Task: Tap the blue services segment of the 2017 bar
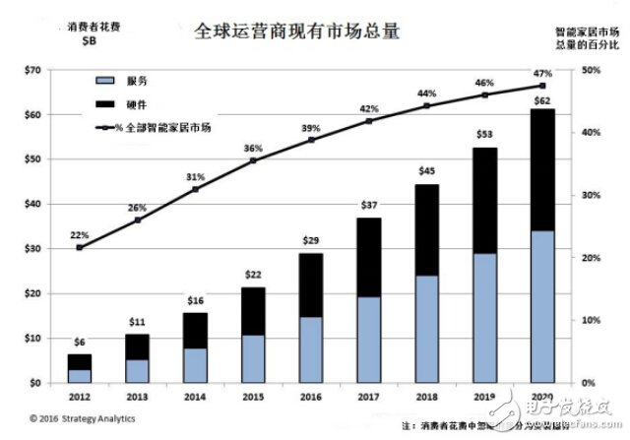pos(369,340)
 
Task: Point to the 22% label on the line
pos(80,234)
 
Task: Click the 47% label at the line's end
pos(540,73)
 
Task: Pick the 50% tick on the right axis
pos(592,71)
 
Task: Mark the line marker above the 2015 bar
pos(253,160)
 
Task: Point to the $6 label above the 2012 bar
pos(80,342)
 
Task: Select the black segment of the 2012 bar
pos(80,361)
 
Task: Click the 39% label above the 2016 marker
pos(311,128)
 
